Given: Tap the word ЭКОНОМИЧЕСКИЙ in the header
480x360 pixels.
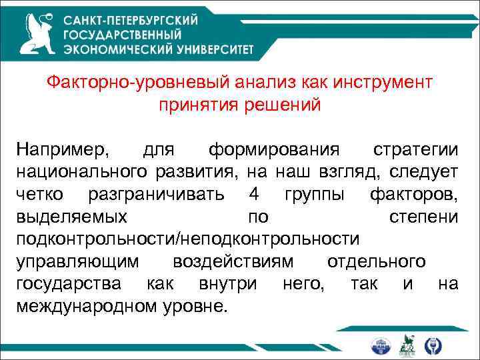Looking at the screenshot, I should click(x=117, y=48).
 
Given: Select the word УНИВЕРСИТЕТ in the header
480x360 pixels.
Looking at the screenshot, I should click(x=213, y=48).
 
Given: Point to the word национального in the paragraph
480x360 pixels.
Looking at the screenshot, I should click(x=81, y=171).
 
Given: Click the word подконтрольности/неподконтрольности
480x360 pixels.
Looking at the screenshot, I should click(x=187, y=239).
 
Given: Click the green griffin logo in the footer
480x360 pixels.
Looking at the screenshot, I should click(x=407, y=345).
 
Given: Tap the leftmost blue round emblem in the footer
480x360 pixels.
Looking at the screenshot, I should click(x=382, y=345).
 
